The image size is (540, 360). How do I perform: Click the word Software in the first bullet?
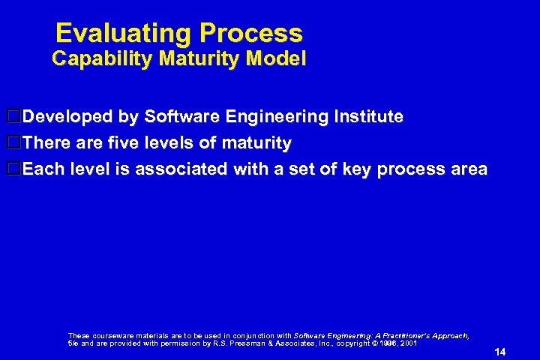tap(178, 116)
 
